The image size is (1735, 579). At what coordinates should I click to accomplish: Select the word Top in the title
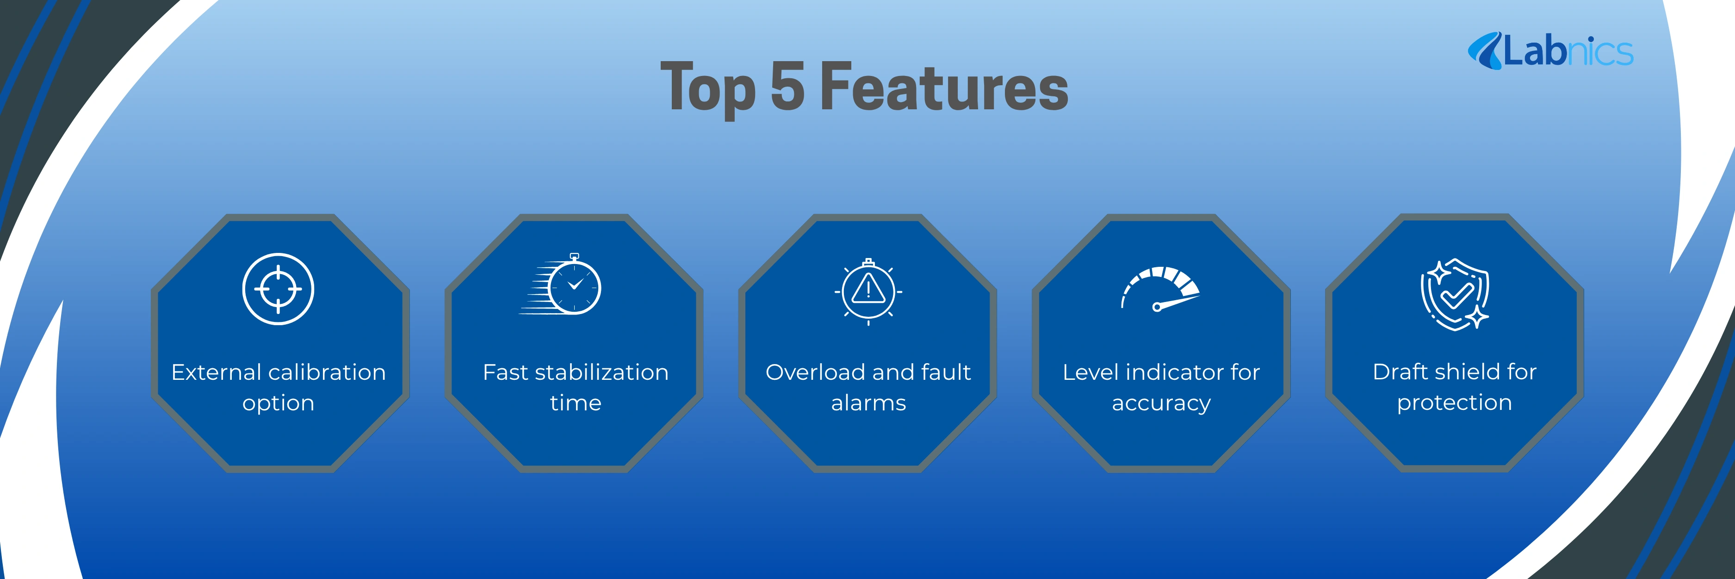[707, 89]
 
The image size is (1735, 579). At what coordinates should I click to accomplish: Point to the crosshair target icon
[278, 289]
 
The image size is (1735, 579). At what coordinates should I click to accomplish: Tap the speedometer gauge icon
[1160, 289]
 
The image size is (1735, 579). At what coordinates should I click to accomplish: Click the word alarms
[868, 403]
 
